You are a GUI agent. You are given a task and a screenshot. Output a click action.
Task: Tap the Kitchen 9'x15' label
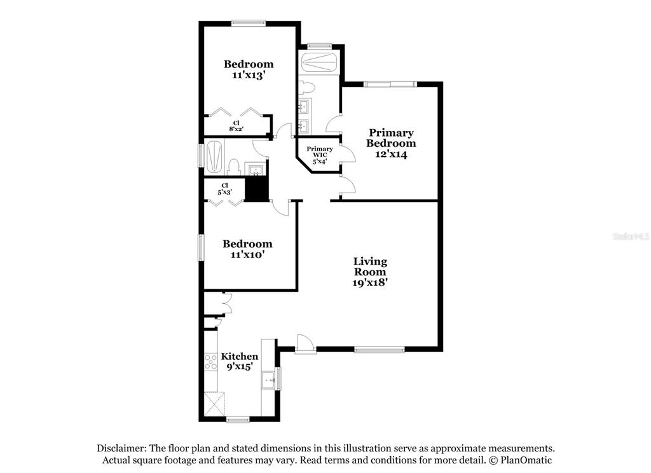click(240, 361)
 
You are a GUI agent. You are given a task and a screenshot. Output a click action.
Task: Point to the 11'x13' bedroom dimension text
click(249, 75)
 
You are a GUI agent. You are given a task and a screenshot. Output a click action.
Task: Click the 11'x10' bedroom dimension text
click(247, 254)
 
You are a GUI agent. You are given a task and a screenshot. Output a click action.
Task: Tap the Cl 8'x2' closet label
click(236, 126)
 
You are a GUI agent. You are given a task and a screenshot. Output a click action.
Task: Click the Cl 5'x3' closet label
click(224, 189)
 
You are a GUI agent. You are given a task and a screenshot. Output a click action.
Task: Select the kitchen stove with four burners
click(211, 362)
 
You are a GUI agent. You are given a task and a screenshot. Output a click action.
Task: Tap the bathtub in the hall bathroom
click(214, 156)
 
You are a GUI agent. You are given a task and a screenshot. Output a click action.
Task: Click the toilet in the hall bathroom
click(234, 167)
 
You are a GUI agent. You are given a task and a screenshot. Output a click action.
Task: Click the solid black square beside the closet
click(257, 189)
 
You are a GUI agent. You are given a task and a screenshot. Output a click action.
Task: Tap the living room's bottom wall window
click(379, 350)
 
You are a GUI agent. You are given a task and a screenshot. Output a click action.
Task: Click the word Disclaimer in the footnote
click(121, 448)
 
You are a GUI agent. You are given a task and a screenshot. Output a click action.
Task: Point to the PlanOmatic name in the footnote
click(526, 460)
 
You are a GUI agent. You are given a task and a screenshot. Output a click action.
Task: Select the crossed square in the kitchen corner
click(215, 404)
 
